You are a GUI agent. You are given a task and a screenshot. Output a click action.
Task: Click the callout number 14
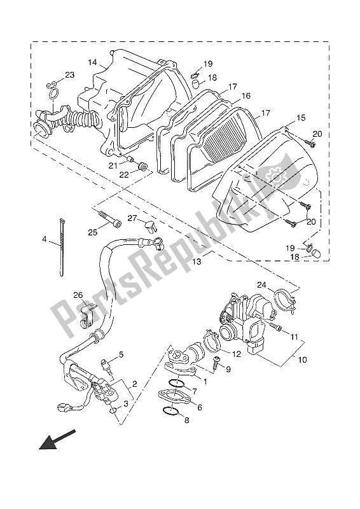pyautogui.click(x=92, y=62)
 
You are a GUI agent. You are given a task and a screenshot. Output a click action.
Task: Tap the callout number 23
pyautogui.click(x=69, y=75)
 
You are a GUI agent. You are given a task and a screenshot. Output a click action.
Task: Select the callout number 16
pyautogui.click(x=246, y=96)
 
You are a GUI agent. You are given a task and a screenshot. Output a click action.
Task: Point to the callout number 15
pyautogui.click(x=301, y=118)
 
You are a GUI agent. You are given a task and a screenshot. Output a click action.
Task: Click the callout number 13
pyautogui.click(x=197, y=261)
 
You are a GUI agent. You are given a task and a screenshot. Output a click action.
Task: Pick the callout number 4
pyautogui.click(x=45, y=240)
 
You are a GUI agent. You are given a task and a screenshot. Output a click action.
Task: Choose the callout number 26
pyautogui.click(x=78, y=295)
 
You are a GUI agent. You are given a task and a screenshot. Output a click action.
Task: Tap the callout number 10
pyautogui.click(x=302, y=360)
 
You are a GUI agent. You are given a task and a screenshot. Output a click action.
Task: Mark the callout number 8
pyautogui.click(x=186, y=421)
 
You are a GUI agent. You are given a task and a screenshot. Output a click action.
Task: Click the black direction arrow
pyautogui.click(x=57, y=440)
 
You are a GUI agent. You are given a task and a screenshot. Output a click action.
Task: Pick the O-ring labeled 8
pyautogui.click(x=170, y=411)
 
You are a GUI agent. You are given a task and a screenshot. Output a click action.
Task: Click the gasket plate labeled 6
pyautogui.click(x=175, y=396)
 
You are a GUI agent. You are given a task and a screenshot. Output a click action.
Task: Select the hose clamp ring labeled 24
pyautogui.click(x=284, y=300)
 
